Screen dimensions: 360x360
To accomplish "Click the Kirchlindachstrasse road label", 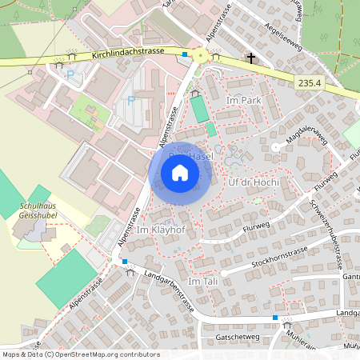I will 128,51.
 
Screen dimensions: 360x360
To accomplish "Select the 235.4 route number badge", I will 308,82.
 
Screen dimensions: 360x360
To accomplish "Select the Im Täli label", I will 202,283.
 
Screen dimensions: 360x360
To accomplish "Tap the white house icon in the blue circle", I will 180,173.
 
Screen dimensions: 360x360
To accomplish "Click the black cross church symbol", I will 251,58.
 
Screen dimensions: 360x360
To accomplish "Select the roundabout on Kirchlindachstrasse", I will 198,55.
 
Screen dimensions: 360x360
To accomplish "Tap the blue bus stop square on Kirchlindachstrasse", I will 185,54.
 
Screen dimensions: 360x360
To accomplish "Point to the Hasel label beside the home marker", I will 201,157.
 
